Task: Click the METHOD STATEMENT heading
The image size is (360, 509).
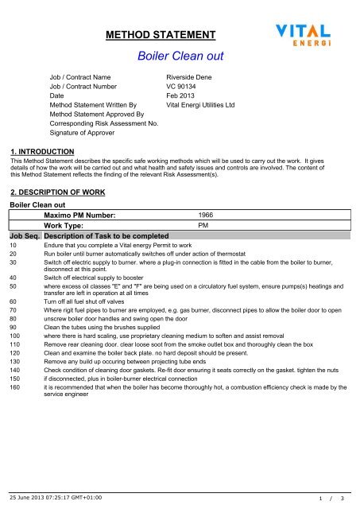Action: coord(161,35)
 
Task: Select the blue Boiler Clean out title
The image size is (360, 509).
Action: coord(180,57)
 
